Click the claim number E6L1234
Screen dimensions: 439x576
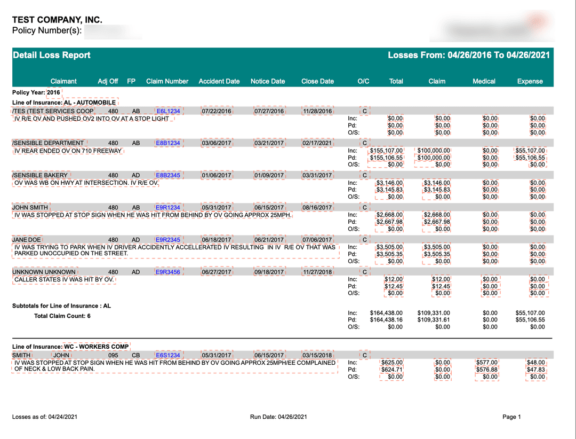coord(167,111)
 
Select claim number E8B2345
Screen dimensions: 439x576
coord(167,175)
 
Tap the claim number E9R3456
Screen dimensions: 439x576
coord(167,272)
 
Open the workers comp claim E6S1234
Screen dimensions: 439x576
coord(167,355)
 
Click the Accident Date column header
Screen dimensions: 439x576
coord(219,81)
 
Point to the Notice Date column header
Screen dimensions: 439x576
coord(268,81)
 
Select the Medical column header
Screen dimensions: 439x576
coord(484,81)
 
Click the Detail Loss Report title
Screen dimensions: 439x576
coord(52,55)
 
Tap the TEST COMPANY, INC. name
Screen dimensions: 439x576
coord(57,20)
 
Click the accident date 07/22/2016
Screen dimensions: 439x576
coord(217,111)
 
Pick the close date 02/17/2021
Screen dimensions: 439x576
coord(317,143)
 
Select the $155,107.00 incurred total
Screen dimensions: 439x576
coord(386,151)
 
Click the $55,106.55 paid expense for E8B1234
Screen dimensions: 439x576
coord(530,158)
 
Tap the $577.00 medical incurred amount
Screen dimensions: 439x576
coord(486,362)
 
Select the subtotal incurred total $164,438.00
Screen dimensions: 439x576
coord(386,313)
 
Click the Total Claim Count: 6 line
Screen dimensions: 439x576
coord(62,316)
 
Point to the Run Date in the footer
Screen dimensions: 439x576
coord(278,417)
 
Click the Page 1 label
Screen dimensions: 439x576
coord(511,417)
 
